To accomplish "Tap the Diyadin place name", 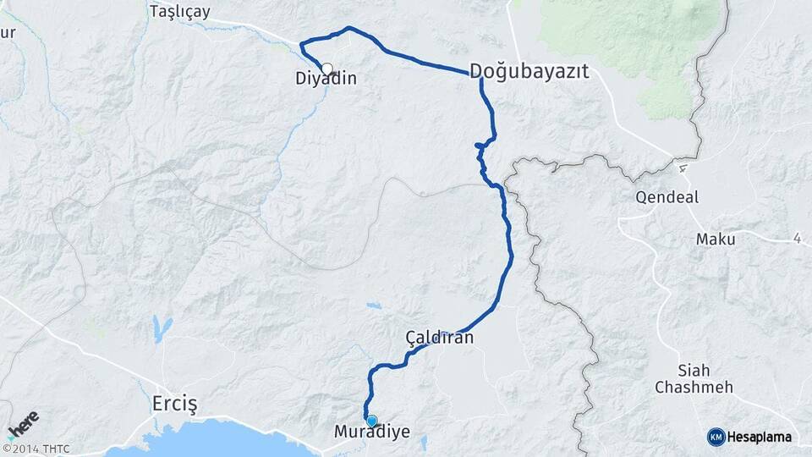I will coord(326,80).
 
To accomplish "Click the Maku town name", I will coord(716,240).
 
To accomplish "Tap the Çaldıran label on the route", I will coord(439,338).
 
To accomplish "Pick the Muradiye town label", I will coord(372,432).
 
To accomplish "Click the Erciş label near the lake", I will coord(174,403).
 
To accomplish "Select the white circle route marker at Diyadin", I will coord(326,69).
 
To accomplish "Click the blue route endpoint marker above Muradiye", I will coord(371,420).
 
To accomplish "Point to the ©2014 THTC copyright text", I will coord(36,449).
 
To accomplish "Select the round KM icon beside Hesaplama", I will coord(716,437).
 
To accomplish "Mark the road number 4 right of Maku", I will coord(798,240).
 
